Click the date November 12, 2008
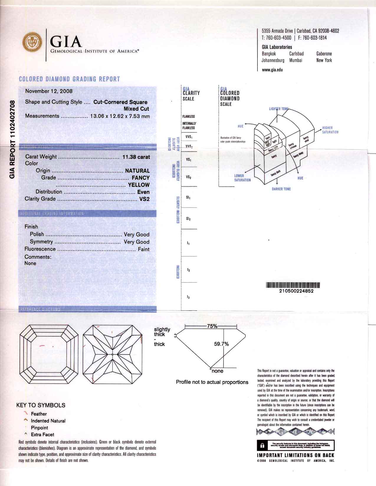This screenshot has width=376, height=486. click(x=49, y=91)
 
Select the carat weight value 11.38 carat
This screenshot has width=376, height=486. click(x=136, y=157)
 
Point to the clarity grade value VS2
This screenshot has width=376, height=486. click(x=145, y=199)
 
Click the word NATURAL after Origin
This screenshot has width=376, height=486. click(x=137, y=171)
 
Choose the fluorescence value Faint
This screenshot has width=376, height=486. click(x=144, y=249)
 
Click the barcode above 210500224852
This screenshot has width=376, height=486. click(x=293, y=285)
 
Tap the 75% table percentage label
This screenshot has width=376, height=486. click(x=212, y=326)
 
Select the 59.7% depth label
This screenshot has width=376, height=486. click(x=221, y=344)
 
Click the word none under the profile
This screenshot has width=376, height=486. click(x=217, y=371)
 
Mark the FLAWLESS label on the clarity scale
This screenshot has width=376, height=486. click(x=188, y=116)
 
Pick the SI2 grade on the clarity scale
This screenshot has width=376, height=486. click(x=188, y=219)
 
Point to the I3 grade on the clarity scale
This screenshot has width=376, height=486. click(x=188, y=297)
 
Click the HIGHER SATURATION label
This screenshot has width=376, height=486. click(x=330, y=130)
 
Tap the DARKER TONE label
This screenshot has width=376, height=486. click(x=281, y=189)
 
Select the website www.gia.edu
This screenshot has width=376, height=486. click(x=272, y=70)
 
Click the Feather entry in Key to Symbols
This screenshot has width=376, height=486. click(x=39, y=414)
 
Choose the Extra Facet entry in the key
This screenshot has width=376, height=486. click(x=42, y=434)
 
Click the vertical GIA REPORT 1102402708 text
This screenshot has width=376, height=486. click(x=12, y=139)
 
